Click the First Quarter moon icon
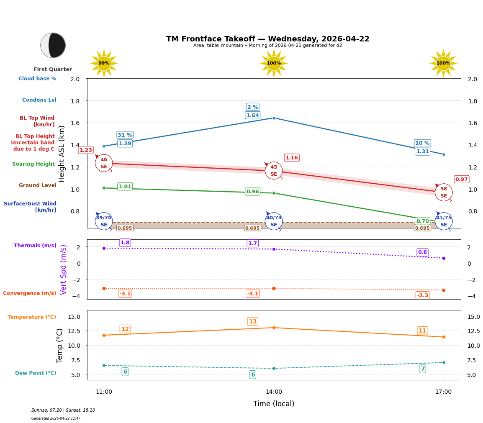53,45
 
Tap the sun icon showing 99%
104,63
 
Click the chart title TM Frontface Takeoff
267,39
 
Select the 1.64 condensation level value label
252,115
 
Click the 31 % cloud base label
125,135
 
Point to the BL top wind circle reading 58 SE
443,192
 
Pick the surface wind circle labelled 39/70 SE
104,221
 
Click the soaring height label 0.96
252,192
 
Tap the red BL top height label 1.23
86,150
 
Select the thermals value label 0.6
422,252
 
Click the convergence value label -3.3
422,295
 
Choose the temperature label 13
252,321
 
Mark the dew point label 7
422,369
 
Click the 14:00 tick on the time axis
274,392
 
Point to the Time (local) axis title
273,404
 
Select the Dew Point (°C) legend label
36,373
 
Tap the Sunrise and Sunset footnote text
63,410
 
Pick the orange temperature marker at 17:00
443,337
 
